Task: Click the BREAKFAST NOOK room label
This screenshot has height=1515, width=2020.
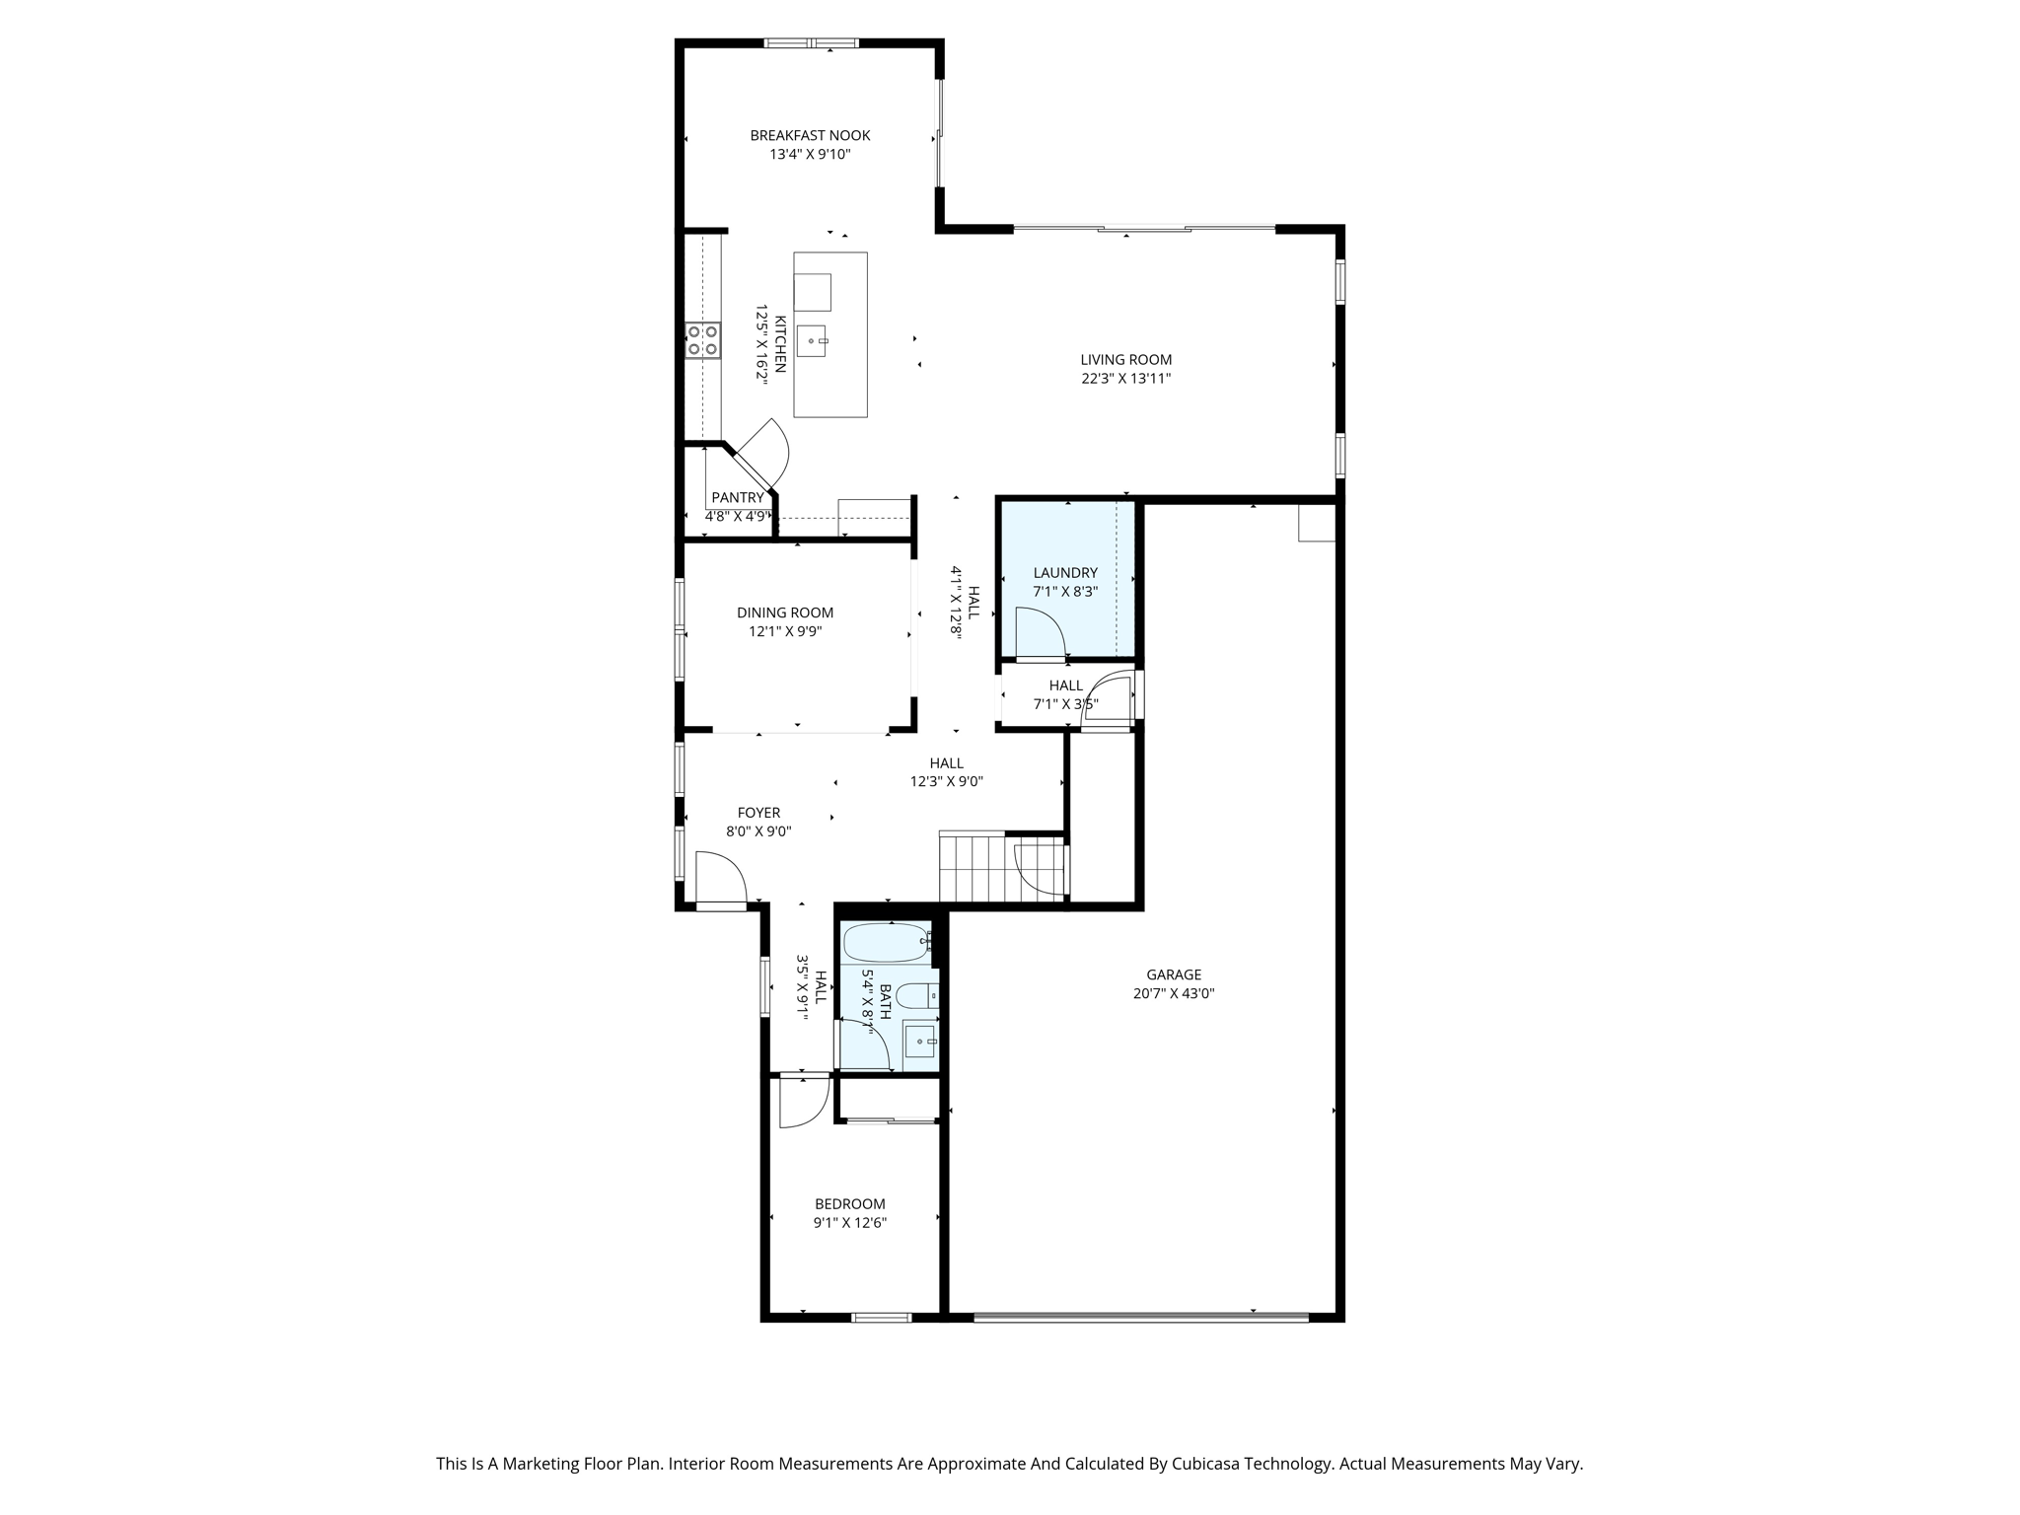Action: point(810,136)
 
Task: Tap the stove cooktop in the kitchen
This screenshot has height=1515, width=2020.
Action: point(702,340)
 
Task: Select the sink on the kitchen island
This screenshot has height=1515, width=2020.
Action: point(812,341)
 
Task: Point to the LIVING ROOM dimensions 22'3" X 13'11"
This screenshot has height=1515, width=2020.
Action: point(1125,379)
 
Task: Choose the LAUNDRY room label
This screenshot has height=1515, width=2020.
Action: point(1065,573)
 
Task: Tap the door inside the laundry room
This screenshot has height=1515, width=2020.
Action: point(1040,633)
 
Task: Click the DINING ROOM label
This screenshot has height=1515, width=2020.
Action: point(785,613)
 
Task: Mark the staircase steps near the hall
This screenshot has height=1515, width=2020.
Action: point(972,867)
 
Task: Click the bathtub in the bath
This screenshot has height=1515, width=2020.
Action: point(887,943)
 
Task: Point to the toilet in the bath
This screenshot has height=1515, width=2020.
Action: point(916,995)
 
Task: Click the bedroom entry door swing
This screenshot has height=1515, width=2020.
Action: point(801,1102)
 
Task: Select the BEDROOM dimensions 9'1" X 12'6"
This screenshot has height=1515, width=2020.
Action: point(849,1223)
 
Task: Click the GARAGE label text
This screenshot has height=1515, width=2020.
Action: point(1174,974)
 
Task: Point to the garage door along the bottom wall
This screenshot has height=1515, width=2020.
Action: point(1141,1317)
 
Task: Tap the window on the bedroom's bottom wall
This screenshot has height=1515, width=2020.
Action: point(881,1317)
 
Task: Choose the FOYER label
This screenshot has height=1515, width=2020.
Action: point(758,813)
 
